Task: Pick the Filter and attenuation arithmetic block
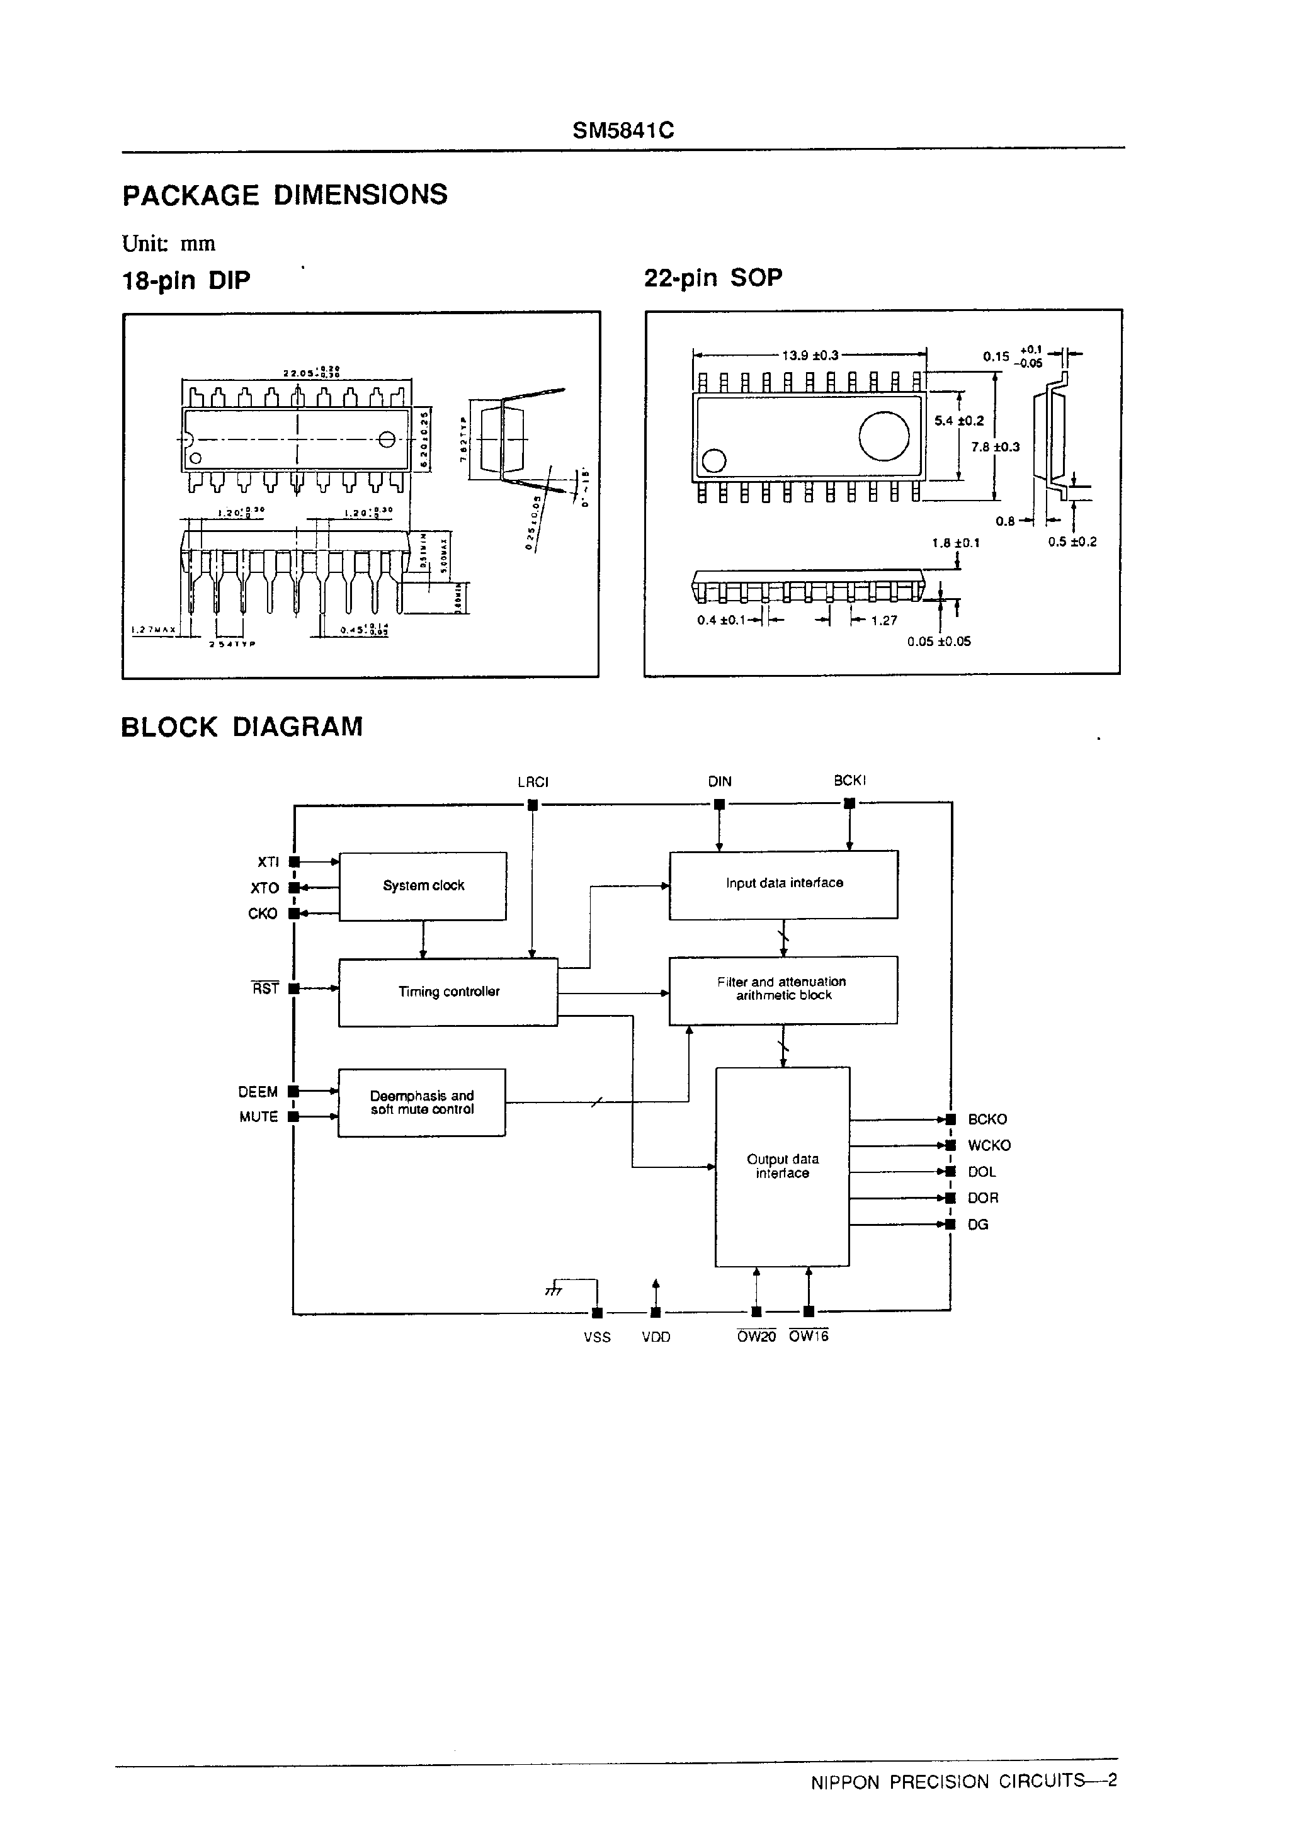[x=783, y=990]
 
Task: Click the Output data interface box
[x=782, y=1167]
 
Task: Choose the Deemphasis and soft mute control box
[x=421, y=1102]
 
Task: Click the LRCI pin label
[x=533, y=782]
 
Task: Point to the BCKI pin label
[x=849, y=780]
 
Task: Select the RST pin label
[x=266, y=988]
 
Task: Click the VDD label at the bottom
[x=656, y=1337]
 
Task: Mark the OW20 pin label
[x=756, y=1337]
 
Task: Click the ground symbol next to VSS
[x=554, y=1290]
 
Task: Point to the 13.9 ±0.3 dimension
[x=809, y=355]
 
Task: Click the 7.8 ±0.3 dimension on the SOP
[x=994, y=446]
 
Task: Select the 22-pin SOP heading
[x=712, y=278]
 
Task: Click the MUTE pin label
[x=258, y=1117]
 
